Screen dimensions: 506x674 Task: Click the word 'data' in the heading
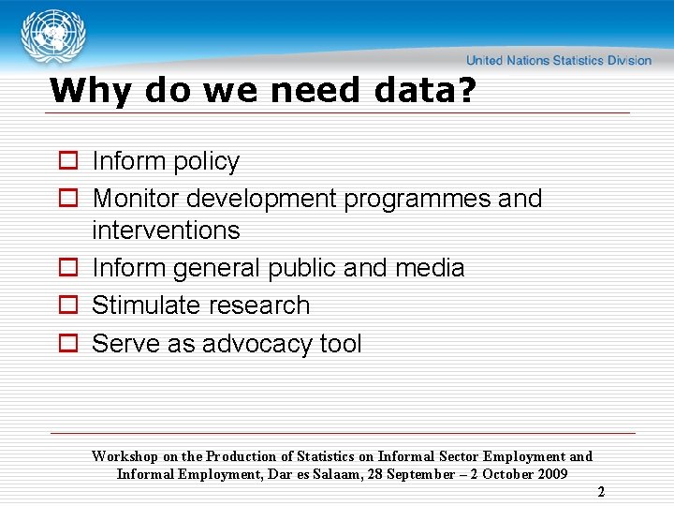tap(411, 91)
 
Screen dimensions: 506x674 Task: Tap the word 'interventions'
tap(166, 231)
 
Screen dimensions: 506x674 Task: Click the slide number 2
tap(601, 491)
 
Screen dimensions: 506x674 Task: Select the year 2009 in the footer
tap(550, 474)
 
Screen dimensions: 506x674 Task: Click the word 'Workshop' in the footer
tap(125, 456)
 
